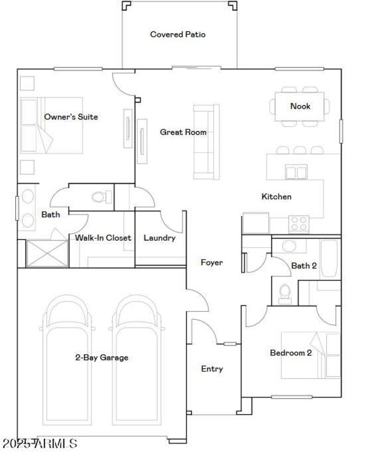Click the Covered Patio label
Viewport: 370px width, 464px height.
pos(178,34)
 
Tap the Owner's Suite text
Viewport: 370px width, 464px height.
pos(71,117)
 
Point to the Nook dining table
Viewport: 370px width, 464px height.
pos(300,106)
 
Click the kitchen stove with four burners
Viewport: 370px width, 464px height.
pos(299,224)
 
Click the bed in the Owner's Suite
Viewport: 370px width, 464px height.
pos(52,125)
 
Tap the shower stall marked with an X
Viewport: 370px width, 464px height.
pos(47,253)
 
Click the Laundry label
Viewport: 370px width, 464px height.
pos(160,238)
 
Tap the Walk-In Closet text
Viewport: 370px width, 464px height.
pos(103,238)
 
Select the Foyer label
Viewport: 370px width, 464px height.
pos(212,263)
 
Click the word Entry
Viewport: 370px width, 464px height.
pos(212,369)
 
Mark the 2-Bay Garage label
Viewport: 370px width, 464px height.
pos(102,358)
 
